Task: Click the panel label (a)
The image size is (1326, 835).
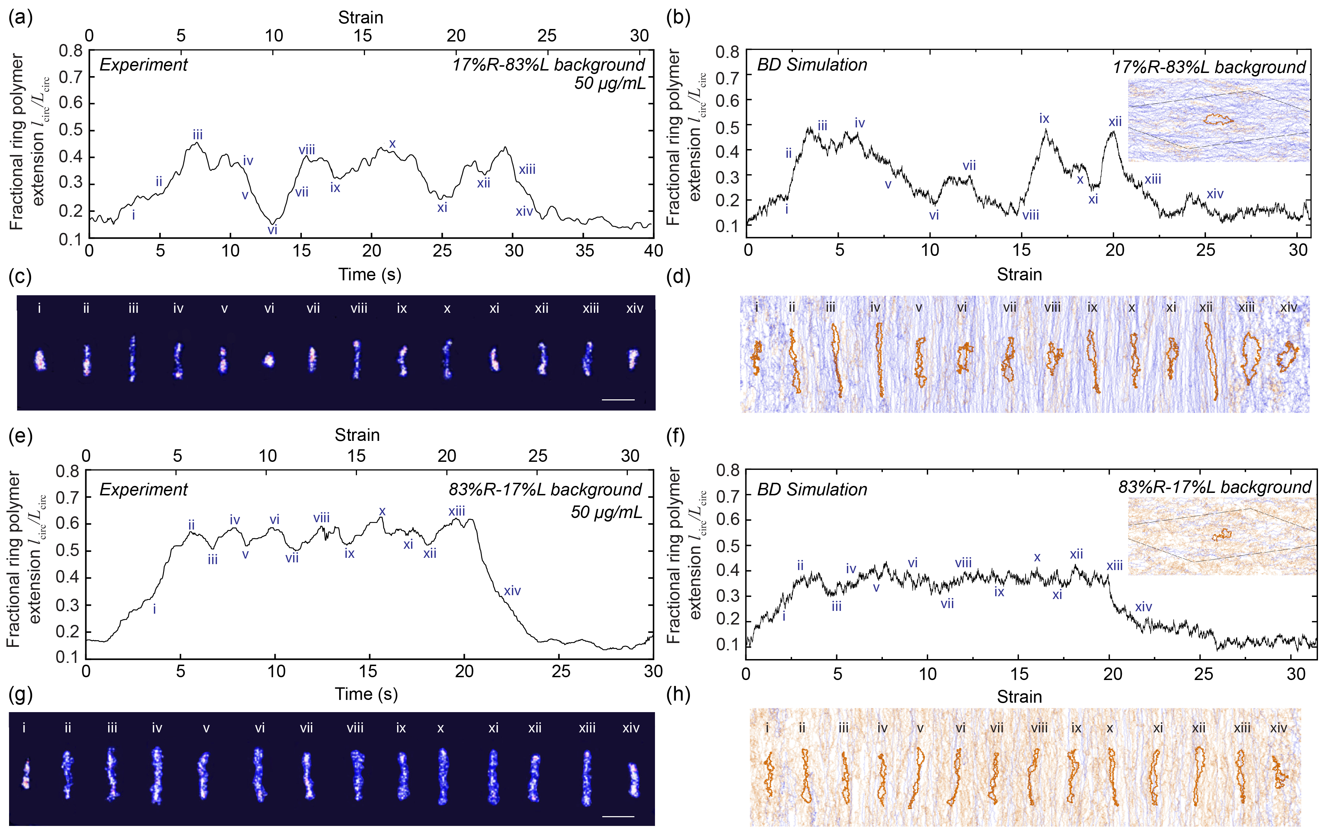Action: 20,17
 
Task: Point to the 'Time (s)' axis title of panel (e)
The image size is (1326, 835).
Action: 366,694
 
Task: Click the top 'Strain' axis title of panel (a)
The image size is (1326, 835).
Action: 361,17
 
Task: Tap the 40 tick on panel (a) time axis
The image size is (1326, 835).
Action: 653,251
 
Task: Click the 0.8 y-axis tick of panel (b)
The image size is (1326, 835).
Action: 727,52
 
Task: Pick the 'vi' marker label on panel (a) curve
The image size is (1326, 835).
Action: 272,230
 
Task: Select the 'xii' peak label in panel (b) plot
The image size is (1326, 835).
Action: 1115,122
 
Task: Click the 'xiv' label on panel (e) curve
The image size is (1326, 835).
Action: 512,591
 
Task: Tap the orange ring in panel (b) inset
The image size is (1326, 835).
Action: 1217,119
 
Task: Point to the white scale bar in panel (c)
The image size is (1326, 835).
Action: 618,399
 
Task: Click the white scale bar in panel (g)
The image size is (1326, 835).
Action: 618,816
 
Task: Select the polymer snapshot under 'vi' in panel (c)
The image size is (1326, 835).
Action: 269,360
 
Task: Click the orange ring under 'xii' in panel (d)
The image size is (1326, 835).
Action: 1211,361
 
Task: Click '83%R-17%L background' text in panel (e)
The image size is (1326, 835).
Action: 545,490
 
